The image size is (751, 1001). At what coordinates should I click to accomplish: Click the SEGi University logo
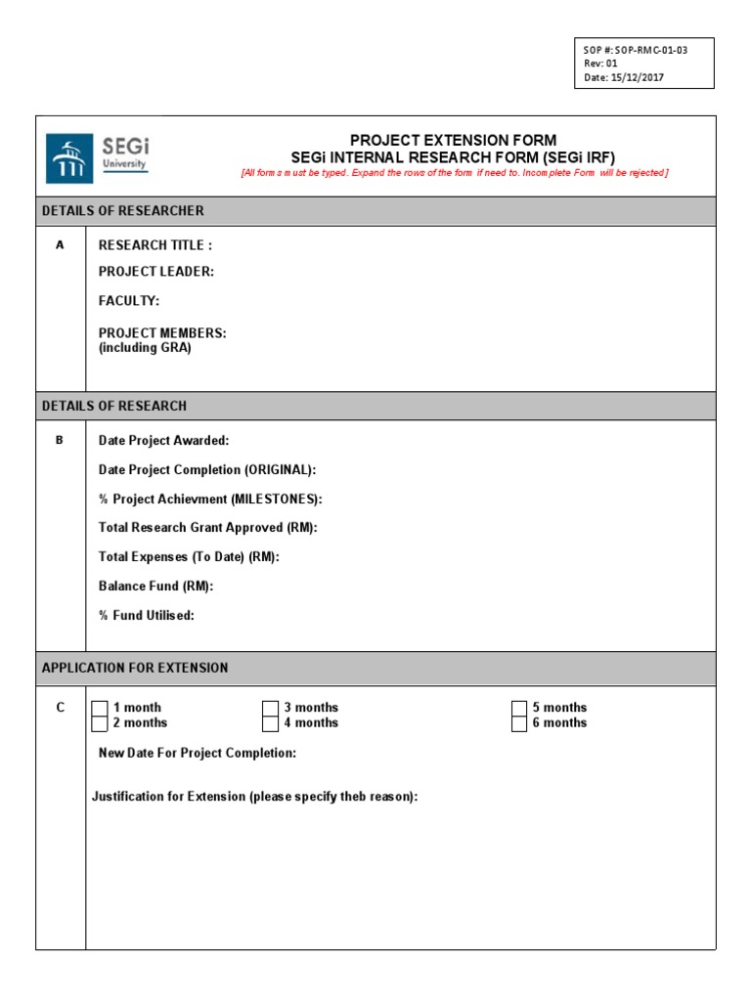click(98, 157)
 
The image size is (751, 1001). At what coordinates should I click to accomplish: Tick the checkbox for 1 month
click(100, 708)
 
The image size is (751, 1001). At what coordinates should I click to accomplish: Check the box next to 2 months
click(100, 723)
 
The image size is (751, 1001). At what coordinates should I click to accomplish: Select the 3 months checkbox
click(271, 708)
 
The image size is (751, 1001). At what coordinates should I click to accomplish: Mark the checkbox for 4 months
click(271, 723)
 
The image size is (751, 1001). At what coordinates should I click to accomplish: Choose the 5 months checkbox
click(519, 708)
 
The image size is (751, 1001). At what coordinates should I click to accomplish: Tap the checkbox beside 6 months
click(519, 723)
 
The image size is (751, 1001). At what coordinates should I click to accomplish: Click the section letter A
click(60, 245)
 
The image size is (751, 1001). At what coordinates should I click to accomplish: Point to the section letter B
click(60, 441)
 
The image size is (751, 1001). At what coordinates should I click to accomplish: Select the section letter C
click(60, 708)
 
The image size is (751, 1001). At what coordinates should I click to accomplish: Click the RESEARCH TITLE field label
click(155, 245)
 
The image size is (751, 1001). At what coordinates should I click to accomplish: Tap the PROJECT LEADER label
click(155, 272)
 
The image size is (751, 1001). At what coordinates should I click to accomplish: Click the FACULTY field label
click(128, 301)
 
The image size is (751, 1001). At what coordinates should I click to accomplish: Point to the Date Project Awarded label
click(163, 441)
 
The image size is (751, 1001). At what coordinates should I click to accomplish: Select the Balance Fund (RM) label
click(155, 587)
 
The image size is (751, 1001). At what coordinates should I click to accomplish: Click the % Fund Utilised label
click(146, 616)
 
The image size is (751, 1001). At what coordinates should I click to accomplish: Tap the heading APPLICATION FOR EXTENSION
click(135, 668)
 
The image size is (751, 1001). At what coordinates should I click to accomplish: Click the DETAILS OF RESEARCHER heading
click(122, 211)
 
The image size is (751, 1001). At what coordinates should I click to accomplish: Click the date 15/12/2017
click(637, 77)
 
